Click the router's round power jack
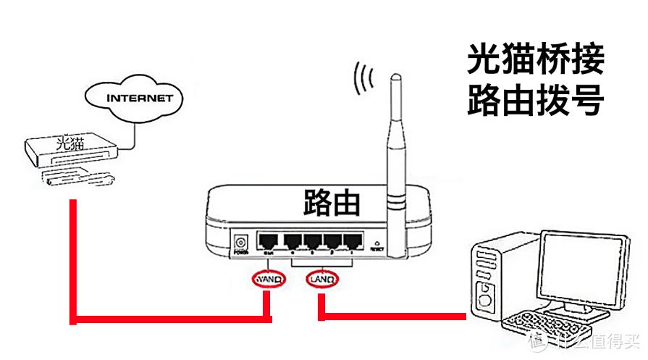tap(241, 241)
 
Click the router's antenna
tap(396, 145)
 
